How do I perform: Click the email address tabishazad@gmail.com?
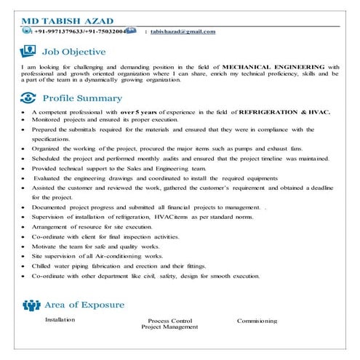pos(183,32)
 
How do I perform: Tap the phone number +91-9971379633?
pos(59,32)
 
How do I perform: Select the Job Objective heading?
pos(74,52)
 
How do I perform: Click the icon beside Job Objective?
pos(29,51)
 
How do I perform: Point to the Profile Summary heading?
pos(82,97)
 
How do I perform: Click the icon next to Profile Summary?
pos(29,97)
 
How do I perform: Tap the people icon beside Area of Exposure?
pos(31,304)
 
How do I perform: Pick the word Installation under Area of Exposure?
pos(60,319)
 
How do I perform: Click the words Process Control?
pos(169,320)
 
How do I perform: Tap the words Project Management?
pos(169,327)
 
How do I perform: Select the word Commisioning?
pos(257,320)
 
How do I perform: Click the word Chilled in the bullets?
pos(43,266)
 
